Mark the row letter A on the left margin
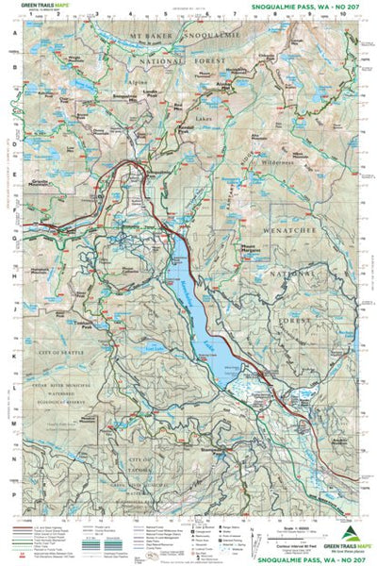(x=14, y=30)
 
